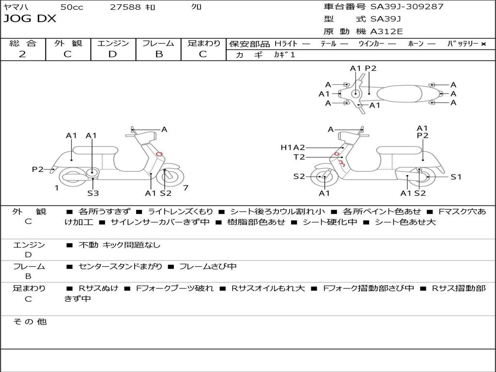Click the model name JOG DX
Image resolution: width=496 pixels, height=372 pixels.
pos(30,19)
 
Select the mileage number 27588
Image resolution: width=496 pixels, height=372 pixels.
pos(125,7)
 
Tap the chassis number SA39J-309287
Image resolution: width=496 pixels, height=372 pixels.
pos(407,7)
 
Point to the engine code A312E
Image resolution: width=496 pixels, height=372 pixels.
pos(387,31)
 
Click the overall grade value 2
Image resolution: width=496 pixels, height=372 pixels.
pos(22,54)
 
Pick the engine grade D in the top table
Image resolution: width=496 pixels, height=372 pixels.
pos(112,54)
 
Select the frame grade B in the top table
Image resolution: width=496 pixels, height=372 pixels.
pos(159,54)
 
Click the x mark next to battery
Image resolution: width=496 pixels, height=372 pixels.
pos(483,44)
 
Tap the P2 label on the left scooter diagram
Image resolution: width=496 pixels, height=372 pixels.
pos(38,169)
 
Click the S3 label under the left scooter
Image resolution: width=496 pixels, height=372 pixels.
pos(93,193)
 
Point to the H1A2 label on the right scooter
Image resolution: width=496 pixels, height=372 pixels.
pos(293,147)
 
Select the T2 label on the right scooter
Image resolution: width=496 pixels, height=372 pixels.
pos(299,157)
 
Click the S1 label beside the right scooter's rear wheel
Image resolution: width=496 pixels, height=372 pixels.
pos(456,177)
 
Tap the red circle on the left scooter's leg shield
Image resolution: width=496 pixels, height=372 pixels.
pos(159,154)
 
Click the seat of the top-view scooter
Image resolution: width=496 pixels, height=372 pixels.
pos(399,94)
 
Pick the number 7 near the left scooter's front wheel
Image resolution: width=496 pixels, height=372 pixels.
pos(186,188)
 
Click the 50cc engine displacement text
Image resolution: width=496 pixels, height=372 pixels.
pos(72,7)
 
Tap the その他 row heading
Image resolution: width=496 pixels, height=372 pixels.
pos(30,322)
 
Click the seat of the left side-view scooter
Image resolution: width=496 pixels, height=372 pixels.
pos(95,150)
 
